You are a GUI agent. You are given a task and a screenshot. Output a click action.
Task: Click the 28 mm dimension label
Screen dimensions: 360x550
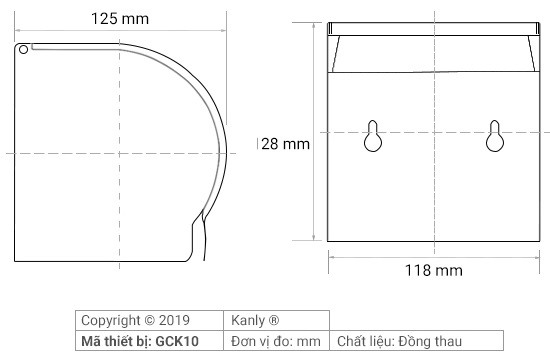click(285, 143)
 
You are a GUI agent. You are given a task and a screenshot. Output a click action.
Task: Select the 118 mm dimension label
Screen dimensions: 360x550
click(433, 270)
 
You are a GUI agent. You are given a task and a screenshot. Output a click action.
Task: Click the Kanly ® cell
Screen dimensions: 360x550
click(277, 322)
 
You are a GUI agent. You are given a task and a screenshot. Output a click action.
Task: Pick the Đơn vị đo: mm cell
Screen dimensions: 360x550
click(277, 341)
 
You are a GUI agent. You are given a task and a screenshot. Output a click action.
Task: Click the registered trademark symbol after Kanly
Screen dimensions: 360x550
click(274, 322)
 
